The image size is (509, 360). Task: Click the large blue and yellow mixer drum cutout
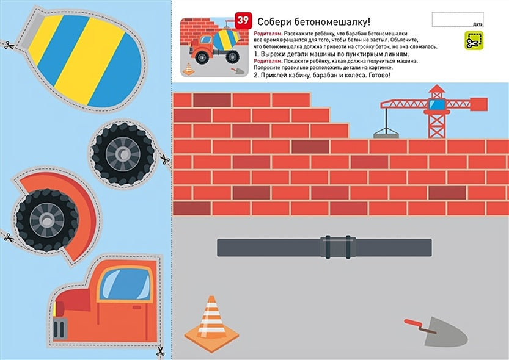(x=83, y=55)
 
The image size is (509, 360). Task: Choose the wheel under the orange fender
(x=47, y=217)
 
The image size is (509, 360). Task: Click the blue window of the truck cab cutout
(x=126, y=284)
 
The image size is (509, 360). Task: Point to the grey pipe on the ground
(x=324, y=248)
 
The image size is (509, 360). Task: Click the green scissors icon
(x=472, y=41)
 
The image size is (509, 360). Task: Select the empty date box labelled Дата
(x=457, y=19)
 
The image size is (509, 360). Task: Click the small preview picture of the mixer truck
(x=211, y=47)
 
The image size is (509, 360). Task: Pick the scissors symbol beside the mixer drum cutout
(x=8, y=44)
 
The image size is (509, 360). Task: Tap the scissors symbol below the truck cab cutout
(x=159, y=351)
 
